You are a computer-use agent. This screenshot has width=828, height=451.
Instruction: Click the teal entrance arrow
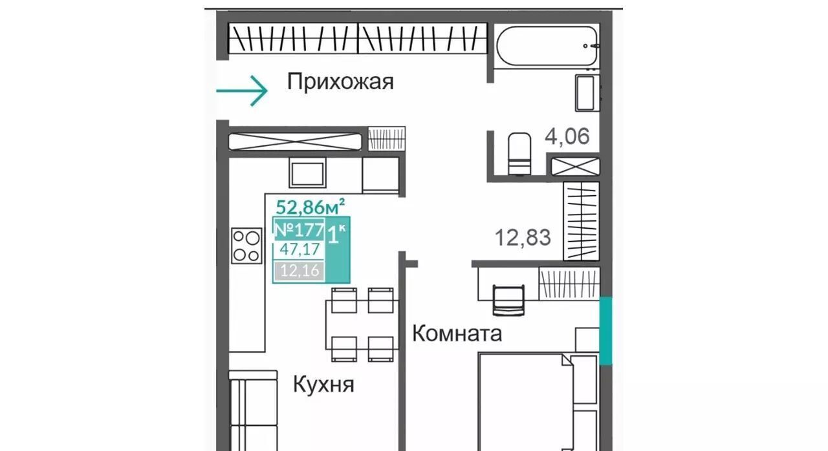point(242,91)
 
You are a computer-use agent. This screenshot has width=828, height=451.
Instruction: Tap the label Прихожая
point(340,82)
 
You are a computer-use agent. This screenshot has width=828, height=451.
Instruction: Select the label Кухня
point(323,385)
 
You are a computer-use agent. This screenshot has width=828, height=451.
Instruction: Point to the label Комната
point(457,333)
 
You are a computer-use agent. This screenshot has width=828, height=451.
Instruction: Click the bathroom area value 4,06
point(567,136)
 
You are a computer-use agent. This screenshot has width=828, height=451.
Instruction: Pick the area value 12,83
point(523,237)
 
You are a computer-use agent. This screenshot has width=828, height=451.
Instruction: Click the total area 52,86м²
point(310,207)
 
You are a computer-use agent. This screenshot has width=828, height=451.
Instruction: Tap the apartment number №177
point(300,230)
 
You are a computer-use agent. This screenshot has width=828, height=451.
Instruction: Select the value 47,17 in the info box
point(300,249)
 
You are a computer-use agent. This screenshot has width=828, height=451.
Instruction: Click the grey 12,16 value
point(300,271)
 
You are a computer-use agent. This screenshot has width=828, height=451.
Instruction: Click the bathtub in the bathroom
point(547,46)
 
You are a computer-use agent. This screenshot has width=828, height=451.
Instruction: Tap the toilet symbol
point(519,154)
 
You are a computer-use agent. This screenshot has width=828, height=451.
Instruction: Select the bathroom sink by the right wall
point(587,93)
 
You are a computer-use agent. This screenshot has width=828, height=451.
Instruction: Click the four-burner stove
point(246,246)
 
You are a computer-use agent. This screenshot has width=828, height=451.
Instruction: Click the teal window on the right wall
point(605,331)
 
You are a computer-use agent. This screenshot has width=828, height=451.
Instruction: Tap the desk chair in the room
point(508,300)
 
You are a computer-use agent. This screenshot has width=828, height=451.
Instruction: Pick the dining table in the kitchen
point(362,325)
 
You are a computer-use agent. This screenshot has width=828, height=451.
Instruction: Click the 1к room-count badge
point(337,235)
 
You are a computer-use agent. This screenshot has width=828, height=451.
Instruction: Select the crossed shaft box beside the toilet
point(575,167)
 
